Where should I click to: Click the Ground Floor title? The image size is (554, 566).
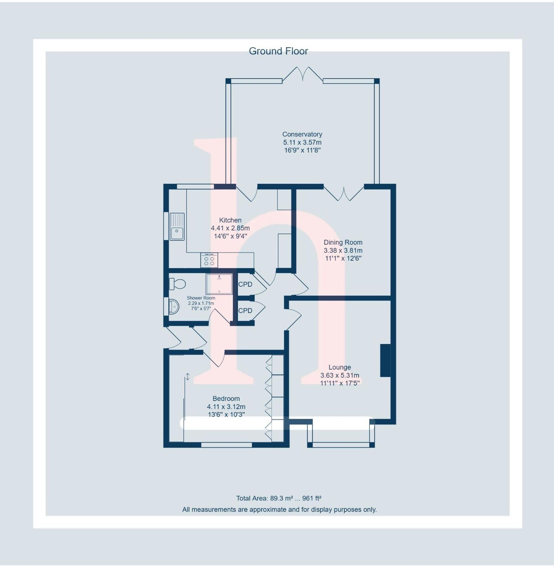point(278,51)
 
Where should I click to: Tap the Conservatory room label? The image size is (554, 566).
point(302,134)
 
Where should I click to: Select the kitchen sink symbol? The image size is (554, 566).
point(177,227)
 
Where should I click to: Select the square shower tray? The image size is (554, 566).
point(219,284)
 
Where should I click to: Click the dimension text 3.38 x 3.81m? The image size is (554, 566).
point(343,250)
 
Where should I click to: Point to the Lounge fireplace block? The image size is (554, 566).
point(385,361)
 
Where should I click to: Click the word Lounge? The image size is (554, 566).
point(340,368)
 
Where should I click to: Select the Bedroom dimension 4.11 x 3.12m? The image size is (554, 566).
point(226,407)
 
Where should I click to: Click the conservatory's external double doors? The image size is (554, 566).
point(302,74)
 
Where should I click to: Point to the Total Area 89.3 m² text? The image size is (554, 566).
point(278,498)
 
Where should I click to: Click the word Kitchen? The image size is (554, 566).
point(230,220)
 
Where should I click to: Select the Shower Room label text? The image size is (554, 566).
point(201,298)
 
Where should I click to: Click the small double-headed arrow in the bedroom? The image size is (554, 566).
point(188,377)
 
